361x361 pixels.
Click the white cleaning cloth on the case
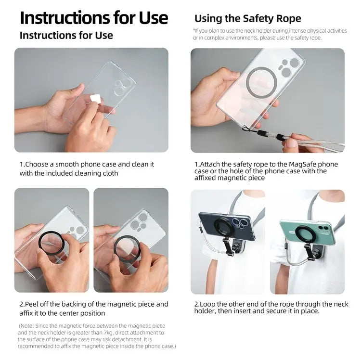click(96, 99)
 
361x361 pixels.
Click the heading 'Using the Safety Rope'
click(248, 18)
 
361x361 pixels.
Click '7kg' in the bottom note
click(108, 333)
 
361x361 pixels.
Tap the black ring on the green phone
click(305, 236)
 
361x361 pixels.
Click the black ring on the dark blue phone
click(224, 228)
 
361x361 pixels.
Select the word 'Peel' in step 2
click(30, 304)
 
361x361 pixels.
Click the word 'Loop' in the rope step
click(207, 304)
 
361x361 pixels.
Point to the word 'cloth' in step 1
click(110, 173)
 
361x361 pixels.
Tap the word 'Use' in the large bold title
click(154, 18)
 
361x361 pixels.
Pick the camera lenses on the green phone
click(322, 228)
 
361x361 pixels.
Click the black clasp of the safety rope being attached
click(262, 133)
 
